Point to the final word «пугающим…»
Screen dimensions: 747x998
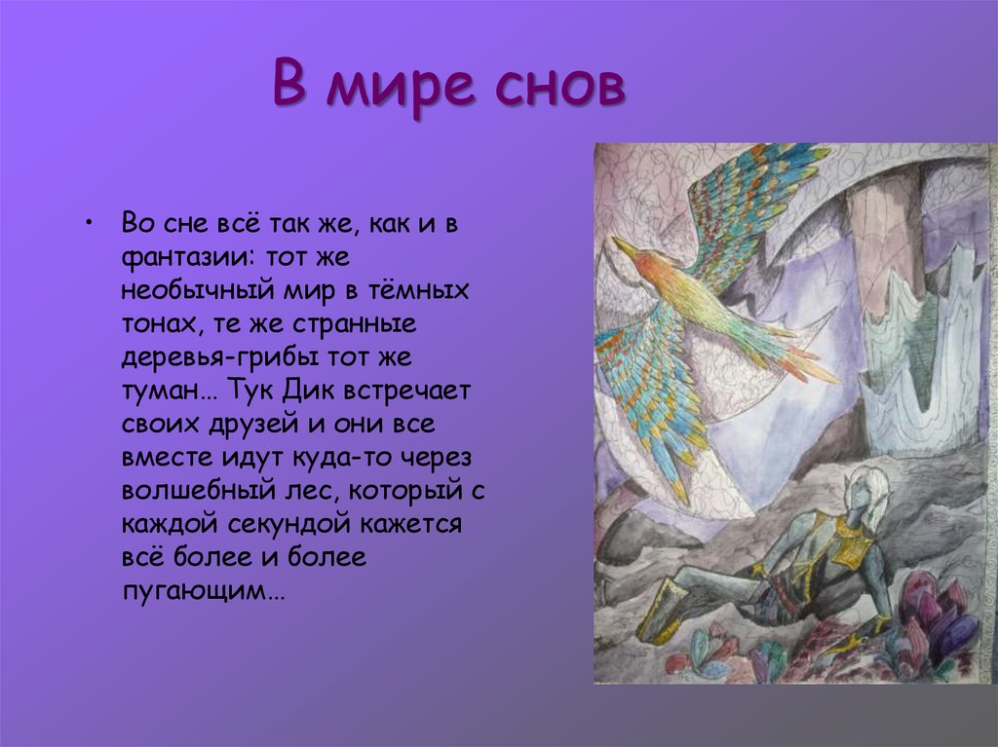(x=204, y=590)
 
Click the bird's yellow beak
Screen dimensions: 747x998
(x=625, y=248)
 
